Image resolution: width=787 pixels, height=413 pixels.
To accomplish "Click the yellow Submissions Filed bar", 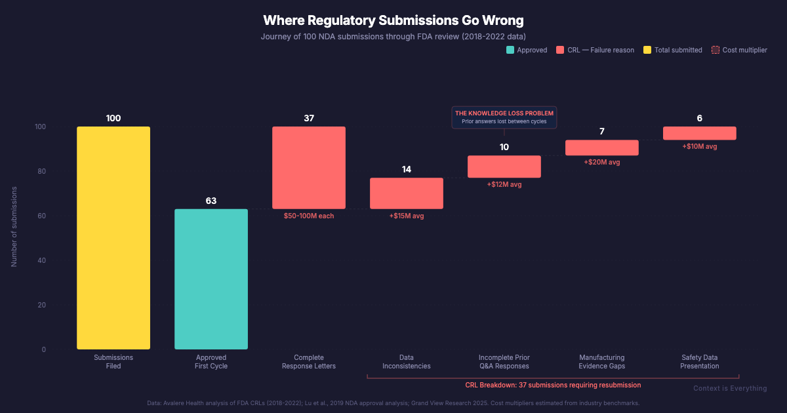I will (x=113, y=237).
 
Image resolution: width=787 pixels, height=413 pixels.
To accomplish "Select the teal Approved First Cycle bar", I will (x=211, y=279).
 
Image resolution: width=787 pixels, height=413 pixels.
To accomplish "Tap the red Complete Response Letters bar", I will (x=309, y=167).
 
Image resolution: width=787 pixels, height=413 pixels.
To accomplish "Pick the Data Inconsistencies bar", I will (x=407, y=193).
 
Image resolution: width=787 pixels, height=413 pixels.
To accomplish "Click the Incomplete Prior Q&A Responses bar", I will (x=504, y=167).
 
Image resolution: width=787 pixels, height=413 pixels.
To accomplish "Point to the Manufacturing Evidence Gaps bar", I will (x=602, y=147).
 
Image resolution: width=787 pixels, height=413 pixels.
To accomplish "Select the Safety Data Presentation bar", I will (x=700, y=133).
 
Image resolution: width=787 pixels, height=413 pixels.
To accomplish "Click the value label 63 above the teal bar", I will (x=211, y=201).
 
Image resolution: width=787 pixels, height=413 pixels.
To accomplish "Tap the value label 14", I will (x=407, y=169).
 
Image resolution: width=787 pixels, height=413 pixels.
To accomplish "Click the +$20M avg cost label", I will (x=602, y=162).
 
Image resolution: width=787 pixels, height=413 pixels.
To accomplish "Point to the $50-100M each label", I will (x=309, y=216).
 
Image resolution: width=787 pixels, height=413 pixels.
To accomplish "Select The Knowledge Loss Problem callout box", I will (x=504, y=117).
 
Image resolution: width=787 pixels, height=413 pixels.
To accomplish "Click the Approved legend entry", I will (x=527, y=50).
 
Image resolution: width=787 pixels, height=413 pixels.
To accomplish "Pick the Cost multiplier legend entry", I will (x=739, y=50).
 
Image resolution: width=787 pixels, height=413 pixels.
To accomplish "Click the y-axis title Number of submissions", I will (x=14, y=226).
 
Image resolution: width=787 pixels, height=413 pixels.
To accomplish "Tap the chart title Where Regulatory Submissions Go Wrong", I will (x=393, y=20).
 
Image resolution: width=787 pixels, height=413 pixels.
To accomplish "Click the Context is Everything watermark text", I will (x=730, y=388).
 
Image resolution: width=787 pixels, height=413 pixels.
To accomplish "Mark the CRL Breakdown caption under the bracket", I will (x=553, y=385).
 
